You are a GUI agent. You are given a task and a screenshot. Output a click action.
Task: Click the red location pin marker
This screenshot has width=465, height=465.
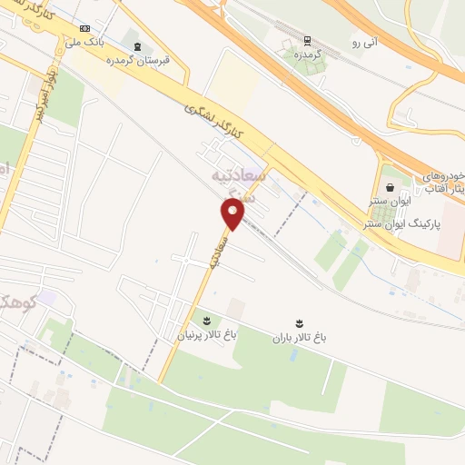coord(233,214)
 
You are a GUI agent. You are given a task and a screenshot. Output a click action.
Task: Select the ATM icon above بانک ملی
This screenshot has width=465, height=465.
coord(84,28)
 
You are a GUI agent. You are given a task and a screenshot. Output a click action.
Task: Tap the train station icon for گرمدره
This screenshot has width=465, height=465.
coord(307,40)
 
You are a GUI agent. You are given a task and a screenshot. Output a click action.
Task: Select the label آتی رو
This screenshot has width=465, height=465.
coord(364,42)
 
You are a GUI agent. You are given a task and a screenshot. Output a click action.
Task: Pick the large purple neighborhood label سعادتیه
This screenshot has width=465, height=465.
coord(265,173)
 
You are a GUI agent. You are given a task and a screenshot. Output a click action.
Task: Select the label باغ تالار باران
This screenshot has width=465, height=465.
coord(299,338)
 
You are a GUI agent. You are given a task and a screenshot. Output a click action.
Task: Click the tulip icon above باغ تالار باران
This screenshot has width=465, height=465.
coord(299,323)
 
